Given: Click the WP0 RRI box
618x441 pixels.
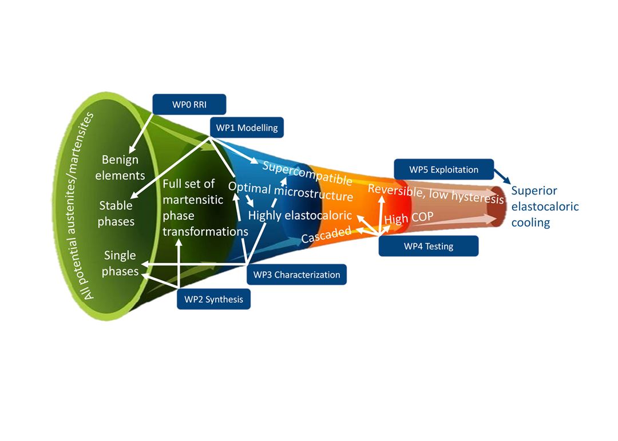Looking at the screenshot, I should tap(189, 104).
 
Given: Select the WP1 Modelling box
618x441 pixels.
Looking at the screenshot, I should tap(247, 128).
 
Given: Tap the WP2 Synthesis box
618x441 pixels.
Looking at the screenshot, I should tap(213, 299).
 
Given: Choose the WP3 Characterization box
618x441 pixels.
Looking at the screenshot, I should tap(296, 275).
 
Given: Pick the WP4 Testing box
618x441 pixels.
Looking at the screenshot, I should tap(428, 247).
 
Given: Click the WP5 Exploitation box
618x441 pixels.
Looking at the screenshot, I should tap(443, 169).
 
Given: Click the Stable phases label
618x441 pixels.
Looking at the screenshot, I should tap(116, 213).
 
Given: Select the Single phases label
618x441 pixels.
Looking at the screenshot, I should tap(120, 264).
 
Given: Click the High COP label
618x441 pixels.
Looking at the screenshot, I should tap(408, 218).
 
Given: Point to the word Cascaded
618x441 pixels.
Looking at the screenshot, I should tap(326, 234).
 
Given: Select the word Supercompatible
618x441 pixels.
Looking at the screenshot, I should tap(307, 172).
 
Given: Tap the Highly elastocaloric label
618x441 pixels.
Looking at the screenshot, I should tap(299, 215).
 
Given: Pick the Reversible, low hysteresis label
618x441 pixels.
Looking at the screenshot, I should tap(435, 193).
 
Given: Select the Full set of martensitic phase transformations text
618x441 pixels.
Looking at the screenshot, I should tap(204, 208).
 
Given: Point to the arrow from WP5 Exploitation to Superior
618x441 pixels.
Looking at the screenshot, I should tap(502, 176).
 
